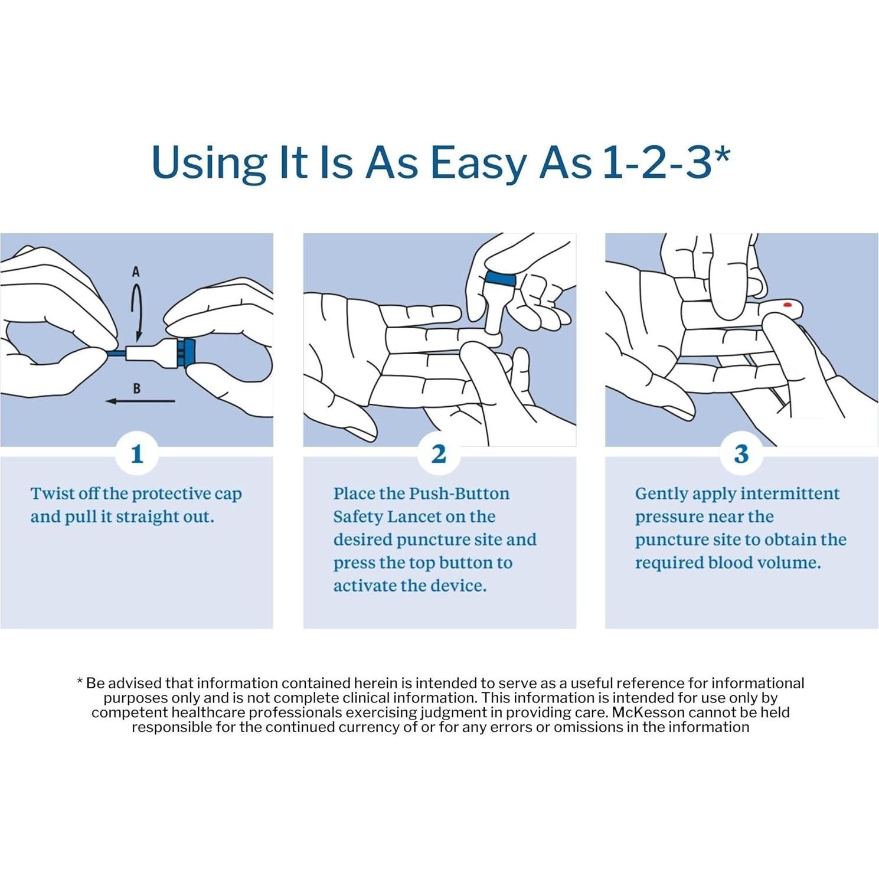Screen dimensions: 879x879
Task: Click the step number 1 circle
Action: pos(137,454)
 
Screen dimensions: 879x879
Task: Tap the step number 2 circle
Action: pos(439,454)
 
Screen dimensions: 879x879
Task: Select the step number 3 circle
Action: pos(741,454)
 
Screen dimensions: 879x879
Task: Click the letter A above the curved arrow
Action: pos(136,272)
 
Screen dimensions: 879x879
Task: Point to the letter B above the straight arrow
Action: pos(137,388)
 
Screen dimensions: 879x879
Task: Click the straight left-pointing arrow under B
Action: pos(140,401)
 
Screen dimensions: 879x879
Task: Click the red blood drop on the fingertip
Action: pos(787,305)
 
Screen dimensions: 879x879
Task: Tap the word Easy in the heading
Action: pos(479,162)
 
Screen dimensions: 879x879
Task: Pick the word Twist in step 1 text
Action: pos(51,494)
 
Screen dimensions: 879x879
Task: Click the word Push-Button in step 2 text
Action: pos(459,494)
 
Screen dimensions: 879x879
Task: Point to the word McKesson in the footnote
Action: pos(648,713)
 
